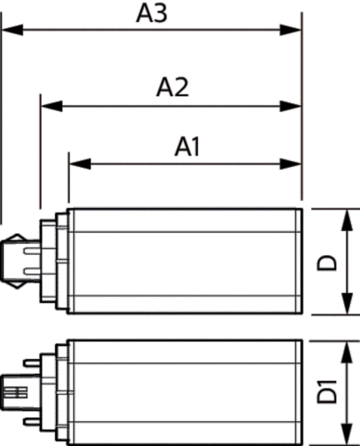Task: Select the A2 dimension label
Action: coord(172,88)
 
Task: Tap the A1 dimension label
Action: coord(187,146)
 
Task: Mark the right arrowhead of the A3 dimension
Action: coord(293,29)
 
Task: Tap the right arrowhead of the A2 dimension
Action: coord(293,104)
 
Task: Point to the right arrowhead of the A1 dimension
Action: coord(293,163)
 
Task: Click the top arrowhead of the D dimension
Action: coord(347,218)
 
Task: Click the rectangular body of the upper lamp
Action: coord(185,260)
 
